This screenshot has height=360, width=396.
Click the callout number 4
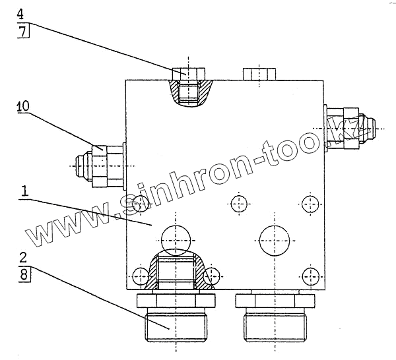tap(21, 13)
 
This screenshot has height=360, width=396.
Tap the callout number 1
tap(24, 191)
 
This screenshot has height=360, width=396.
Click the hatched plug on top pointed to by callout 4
tap(189, 87)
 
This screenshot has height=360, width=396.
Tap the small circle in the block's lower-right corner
tap(309, 275)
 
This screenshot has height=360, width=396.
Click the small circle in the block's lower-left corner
tap(141, 275)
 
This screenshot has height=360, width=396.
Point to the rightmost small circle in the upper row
tap(309, 202)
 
